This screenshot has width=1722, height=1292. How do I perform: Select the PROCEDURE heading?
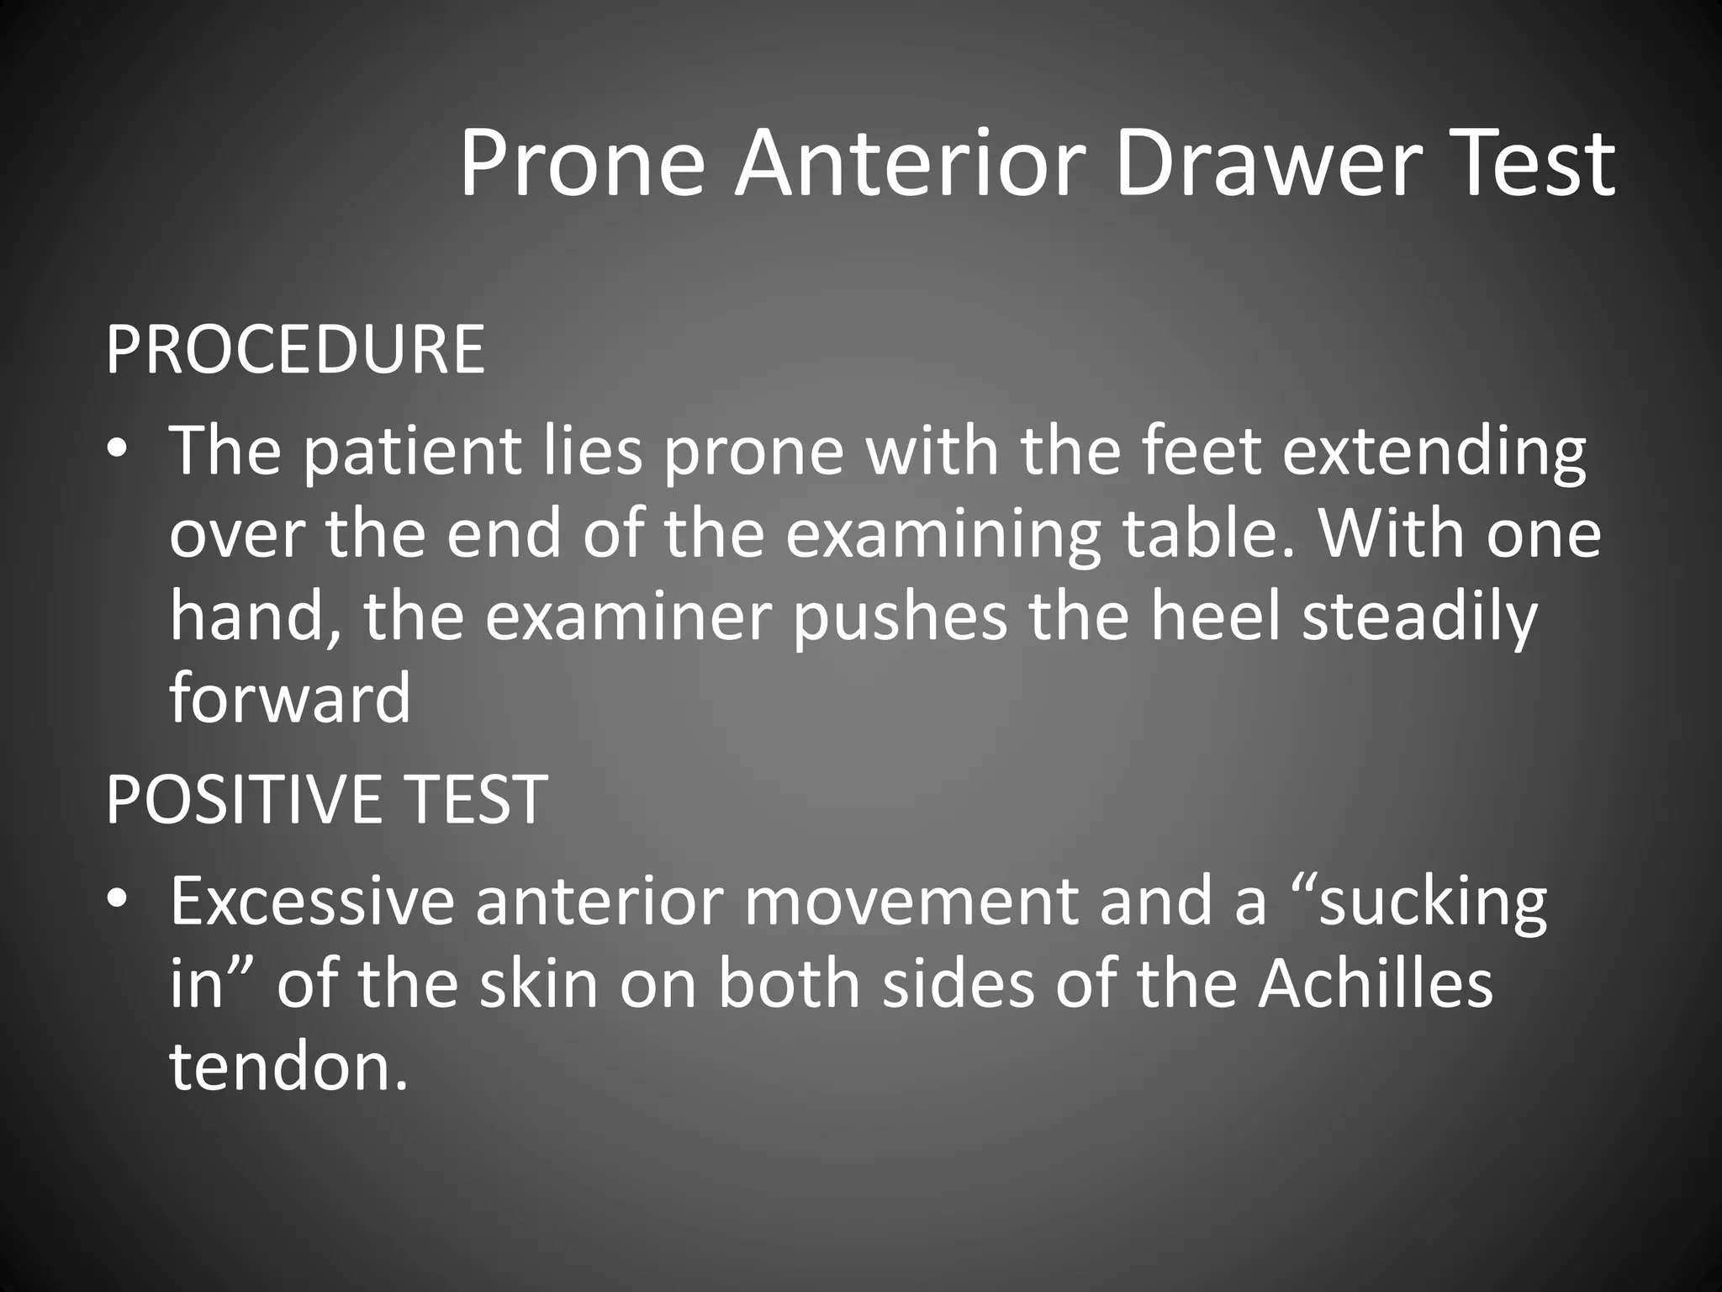coord(295,349)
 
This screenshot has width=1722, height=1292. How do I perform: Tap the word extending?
coord(1434,451)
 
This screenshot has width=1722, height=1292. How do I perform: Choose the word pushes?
coord(901,616)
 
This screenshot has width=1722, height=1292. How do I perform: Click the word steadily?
coord(1420,617)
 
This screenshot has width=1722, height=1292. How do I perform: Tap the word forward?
coord(290,698)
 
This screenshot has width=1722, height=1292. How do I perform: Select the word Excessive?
coord(312,900)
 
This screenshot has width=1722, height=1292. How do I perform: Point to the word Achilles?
coord(1376,982)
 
